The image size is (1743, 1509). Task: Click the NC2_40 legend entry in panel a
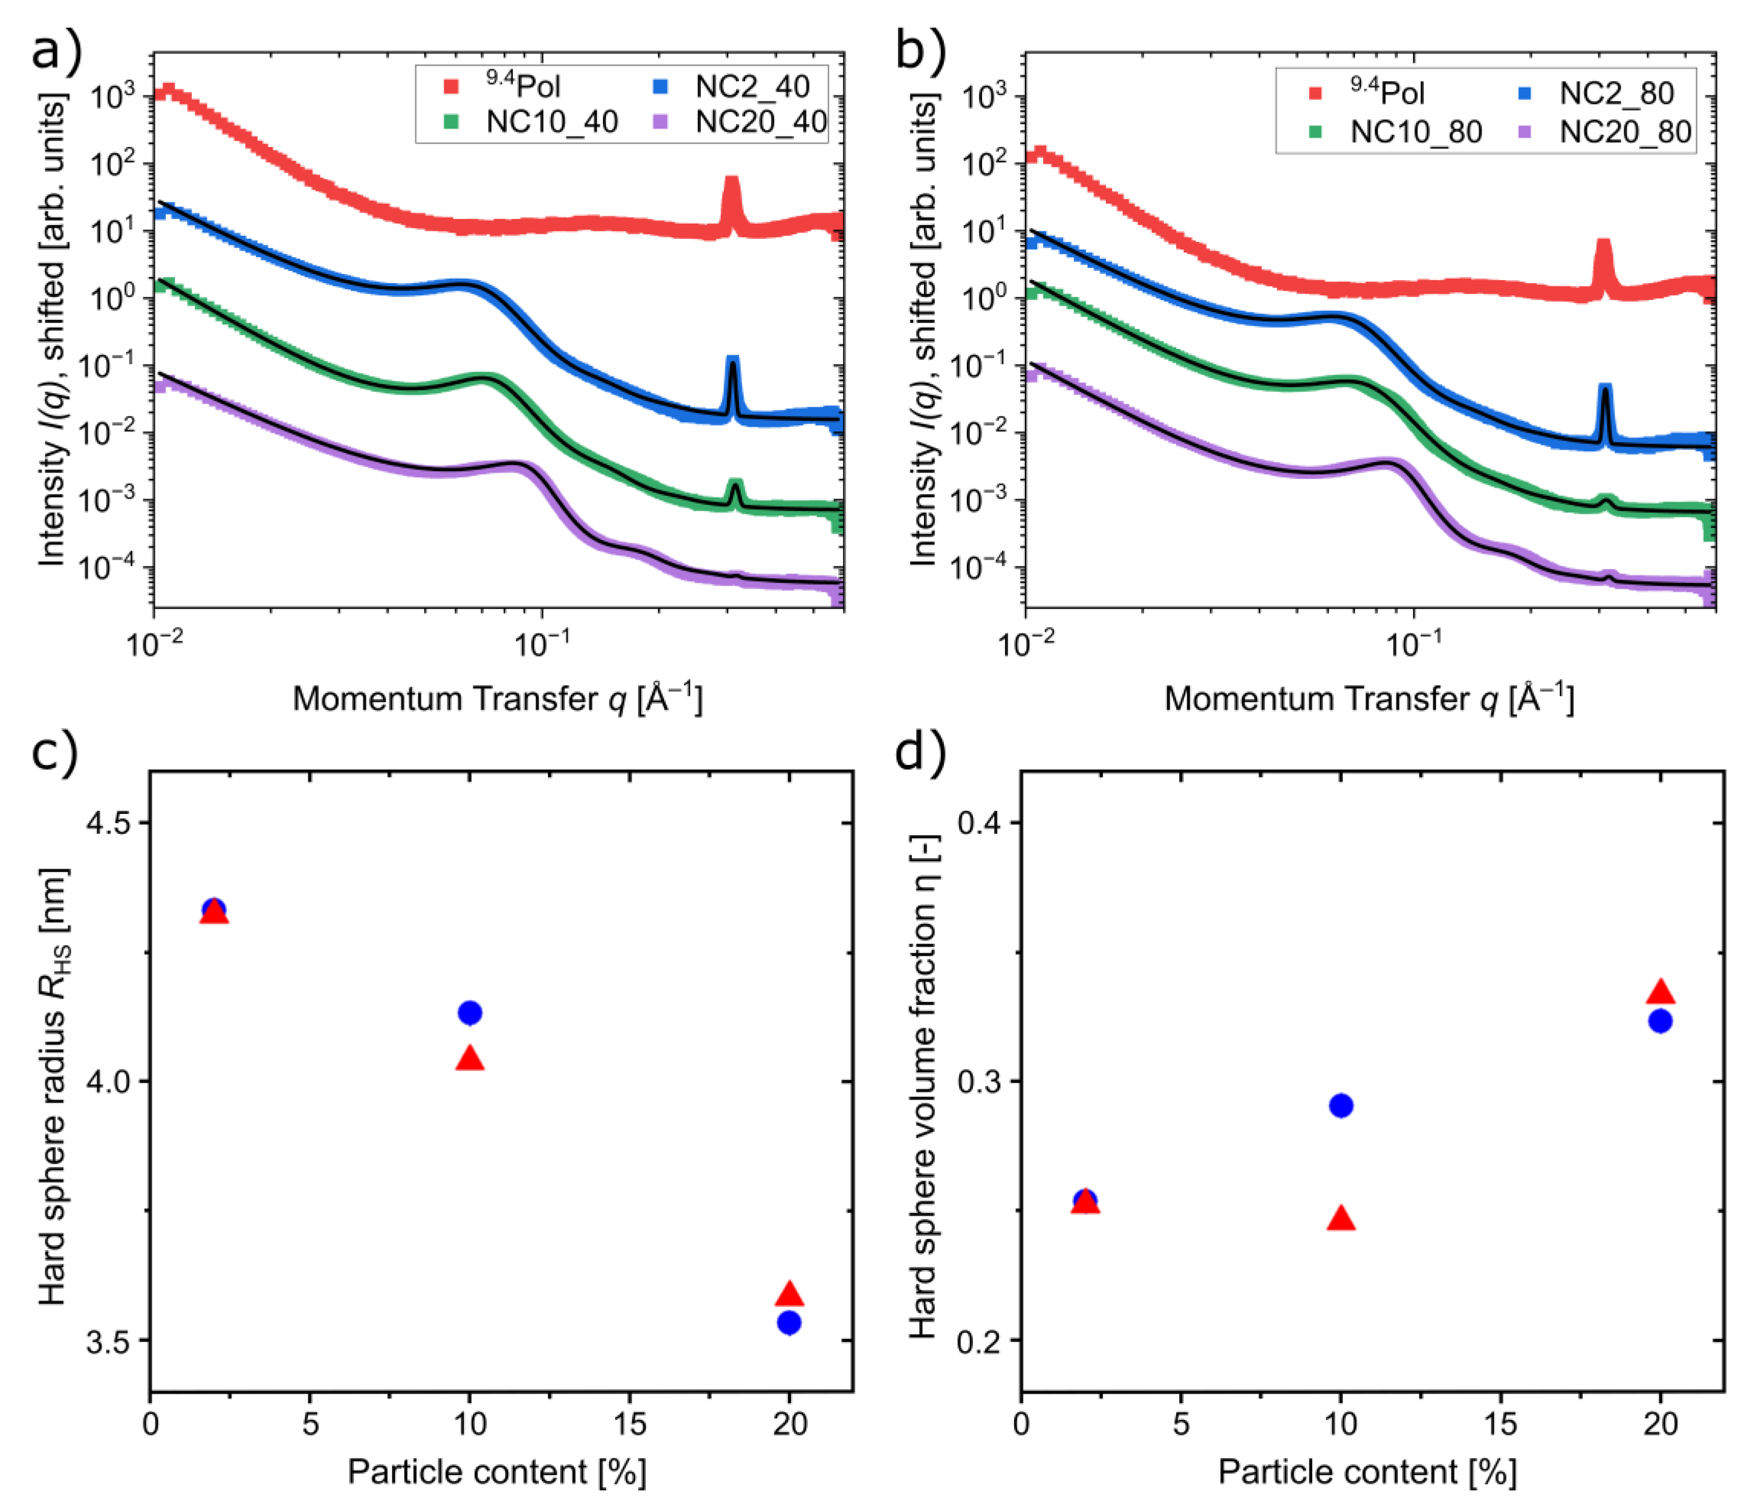point(751,87)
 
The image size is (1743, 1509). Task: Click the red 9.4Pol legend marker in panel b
point(1315,93)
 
